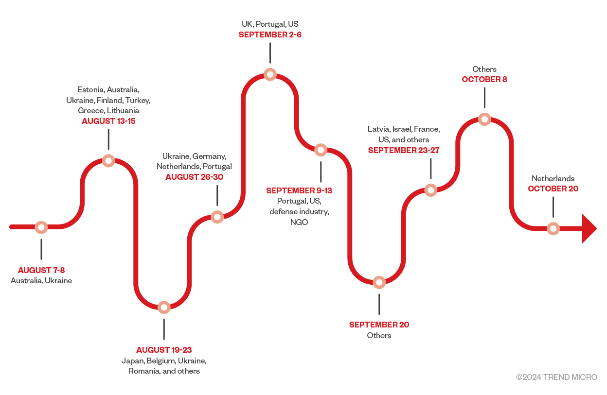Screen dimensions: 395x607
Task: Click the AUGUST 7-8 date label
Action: point(41,270)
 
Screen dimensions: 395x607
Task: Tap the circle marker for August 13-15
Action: point(108,161)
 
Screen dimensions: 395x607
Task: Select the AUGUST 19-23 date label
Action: point(164,350)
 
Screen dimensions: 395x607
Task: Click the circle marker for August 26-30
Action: point(217,217)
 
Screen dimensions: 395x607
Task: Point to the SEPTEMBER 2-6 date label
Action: point(270,35)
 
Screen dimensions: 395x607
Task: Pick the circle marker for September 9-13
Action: point(321,150)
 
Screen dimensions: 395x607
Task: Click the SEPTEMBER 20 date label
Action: point(379,325)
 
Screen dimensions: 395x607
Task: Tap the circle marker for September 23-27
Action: point(430,190)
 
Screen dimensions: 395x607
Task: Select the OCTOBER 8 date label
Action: point(484,79)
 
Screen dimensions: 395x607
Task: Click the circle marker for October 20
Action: point(553,228)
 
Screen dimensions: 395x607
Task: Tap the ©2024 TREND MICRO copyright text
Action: point(556,377)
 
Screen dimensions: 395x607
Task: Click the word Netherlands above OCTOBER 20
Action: point(553,178)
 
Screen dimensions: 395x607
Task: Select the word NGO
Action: point(299,222)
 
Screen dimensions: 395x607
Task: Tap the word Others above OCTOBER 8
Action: point(484,69)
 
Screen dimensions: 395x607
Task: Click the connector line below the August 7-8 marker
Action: point(41,249)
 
